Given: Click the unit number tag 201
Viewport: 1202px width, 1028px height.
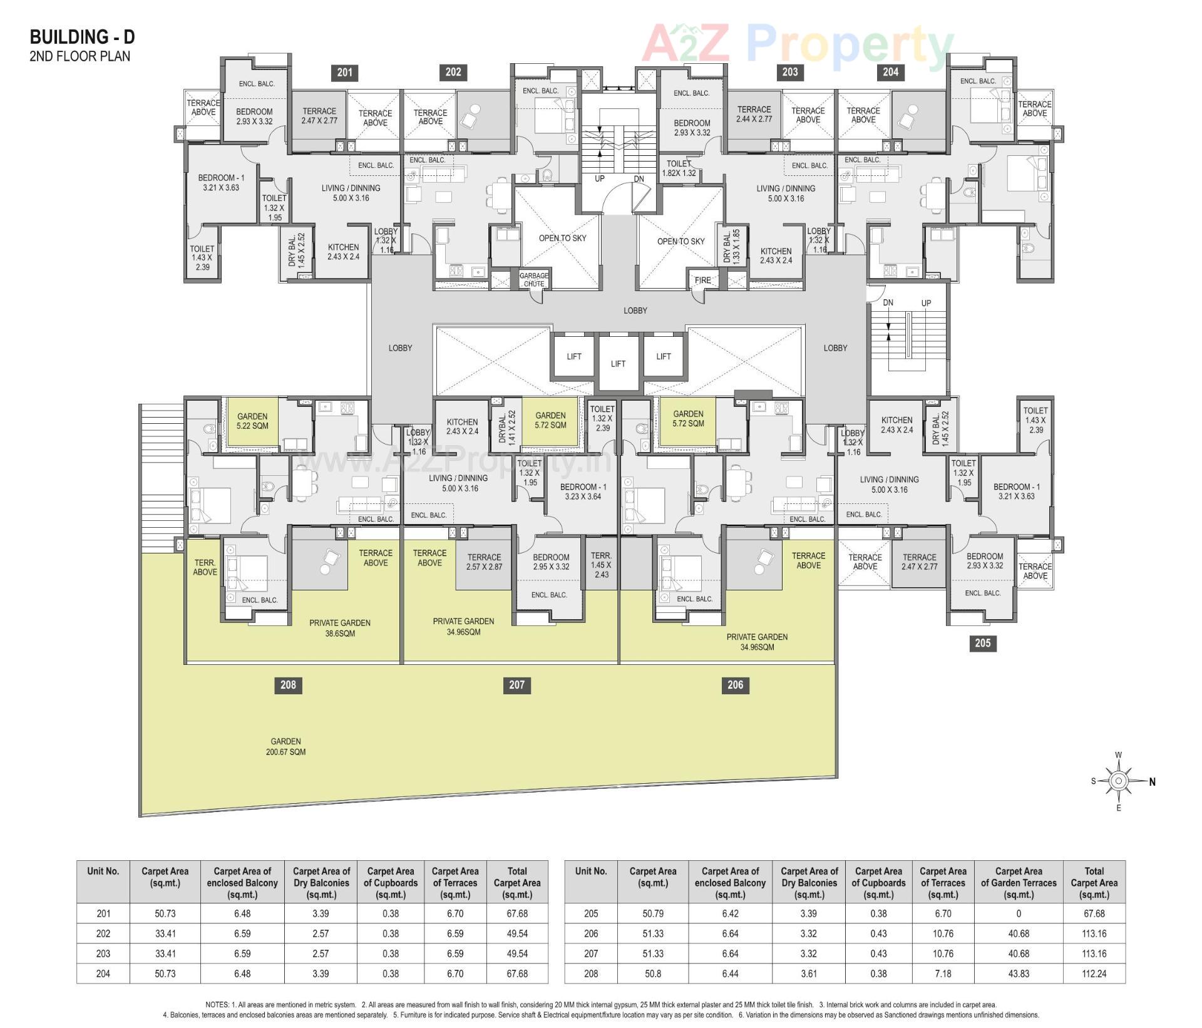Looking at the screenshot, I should pos(344,73).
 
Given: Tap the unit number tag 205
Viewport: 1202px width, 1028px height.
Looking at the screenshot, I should pos(982,643).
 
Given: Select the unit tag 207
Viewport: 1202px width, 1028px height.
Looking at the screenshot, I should pos(516,685).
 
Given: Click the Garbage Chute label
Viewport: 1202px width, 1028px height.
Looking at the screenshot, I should pos(533,280).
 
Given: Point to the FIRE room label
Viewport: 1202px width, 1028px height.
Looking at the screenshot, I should pos(702,280).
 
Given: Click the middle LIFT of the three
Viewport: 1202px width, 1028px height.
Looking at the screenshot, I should pos(618,364).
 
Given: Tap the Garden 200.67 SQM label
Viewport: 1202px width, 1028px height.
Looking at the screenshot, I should pos(285,746).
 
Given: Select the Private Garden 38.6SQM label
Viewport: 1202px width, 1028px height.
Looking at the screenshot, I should pos(340,628).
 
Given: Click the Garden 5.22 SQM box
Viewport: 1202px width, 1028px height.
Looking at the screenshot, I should pos(252,421).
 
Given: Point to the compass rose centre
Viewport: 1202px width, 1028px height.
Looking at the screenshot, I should pos(1118,781).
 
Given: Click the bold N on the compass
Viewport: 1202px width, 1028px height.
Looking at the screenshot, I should pos(1152,781).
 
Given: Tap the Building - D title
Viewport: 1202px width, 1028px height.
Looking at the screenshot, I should pos(82,37).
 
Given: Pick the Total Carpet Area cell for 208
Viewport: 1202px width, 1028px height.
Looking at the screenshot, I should pos(1094,974).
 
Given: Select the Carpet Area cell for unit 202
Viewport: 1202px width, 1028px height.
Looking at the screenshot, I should pos(165,933).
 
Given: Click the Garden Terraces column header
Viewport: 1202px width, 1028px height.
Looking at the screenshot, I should pos(1019,883).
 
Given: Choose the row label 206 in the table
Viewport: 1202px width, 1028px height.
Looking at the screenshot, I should pos(591,933).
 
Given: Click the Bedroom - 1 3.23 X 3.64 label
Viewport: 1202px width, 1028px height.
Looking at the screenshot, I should pos(583,491).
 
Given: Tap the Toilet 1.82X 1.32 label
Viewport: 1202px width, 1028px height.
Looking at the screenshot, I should pos(679,168).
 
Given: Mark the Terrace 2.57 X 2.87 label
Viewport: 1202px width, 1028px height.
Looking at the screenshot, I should pos(484,562).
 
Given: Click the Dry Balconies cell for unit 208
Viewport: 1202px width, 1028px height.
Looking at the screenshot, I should pos(809,974).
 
